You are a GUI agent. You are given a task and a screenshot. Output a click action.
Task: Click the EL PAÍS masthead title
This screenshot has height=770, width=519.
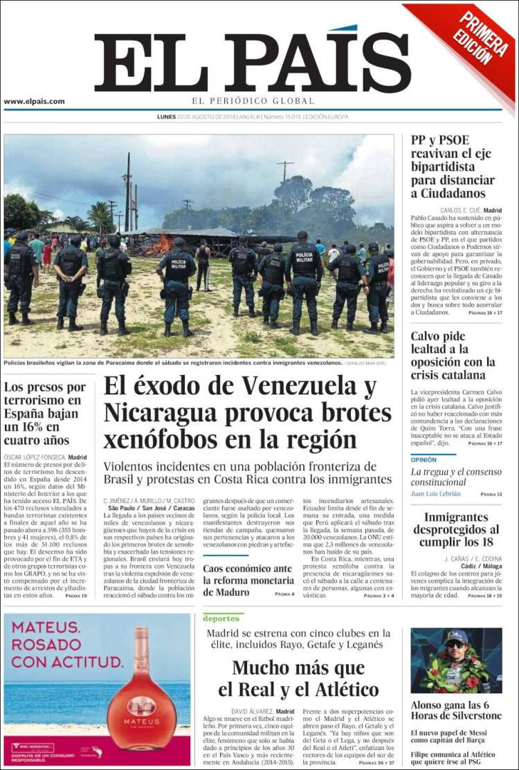[253, 64]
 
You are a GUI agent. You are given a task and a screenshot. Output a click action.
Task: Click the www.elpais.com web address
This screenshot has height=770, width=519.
[34, 101]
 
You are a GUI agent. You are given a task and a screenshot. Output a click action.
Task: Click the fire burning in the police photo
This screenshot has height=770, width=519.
[158, 245]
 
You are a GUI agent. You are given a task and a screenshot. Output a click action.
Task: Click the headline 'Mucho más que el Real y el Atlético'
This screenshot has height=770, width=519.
[298, 678]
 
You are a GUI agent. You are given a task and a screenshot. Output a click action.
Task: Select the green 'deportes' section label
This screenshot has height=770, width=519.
[221, 618]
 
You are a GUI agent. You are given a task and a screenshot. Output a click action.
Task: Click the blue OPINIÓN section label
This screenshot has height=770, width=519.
[424, 459]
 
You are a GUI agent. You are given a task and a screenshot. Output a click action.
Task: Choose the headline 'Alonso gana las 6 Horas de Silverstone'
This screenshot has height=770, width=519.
[456, 711]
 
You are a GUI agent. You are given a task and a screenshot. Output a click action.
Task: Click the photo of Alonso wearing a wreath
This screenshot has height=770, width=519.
[456, 660]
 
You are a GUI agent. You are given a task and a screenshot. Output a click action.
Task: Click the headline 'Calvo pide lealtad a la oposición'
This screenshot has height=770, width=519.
[453, 356]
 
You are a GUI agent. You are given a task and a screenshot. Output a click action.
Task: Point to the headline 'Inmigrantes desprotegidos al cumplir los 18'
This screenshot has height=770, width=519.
[456, 529]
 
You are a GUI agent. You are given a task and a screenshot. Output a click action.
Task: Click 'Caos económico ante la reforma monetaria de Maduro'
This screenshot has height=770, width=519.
[248, 580]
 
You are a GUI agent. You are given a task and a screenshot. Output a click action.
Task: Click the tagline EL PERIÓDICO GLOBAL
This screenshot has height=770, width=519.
[253, 101]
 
